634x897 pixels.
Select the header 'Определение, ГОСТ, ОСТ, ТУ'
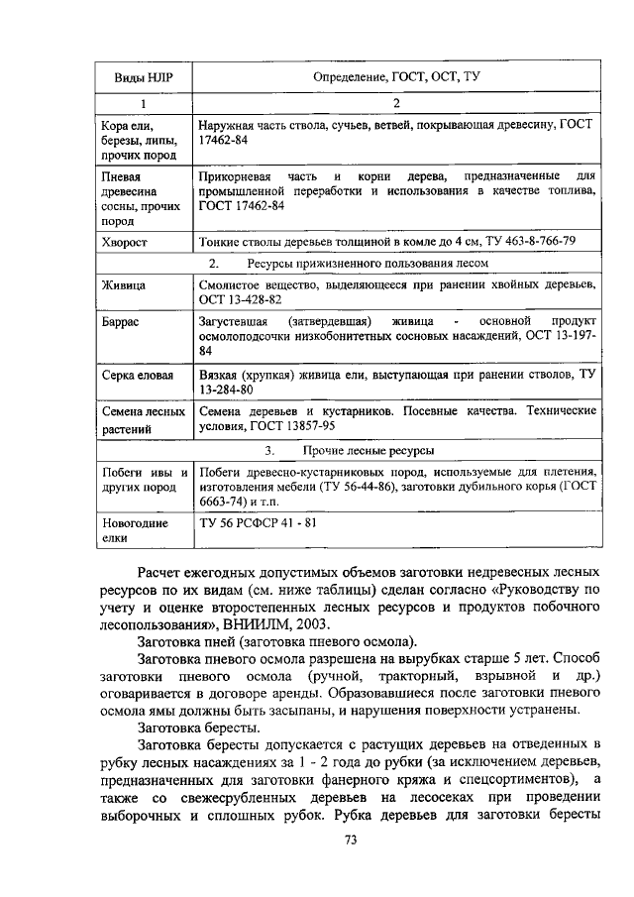click(395, 76)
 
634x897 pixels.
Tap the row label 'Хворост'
click(126, 241)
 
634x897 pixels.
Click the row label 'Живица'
click(124, 285)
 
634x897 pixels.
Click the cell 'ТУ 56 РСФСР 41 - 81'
click(258, 523)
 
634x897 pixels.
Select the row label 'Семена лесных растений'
click(144, 420)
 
